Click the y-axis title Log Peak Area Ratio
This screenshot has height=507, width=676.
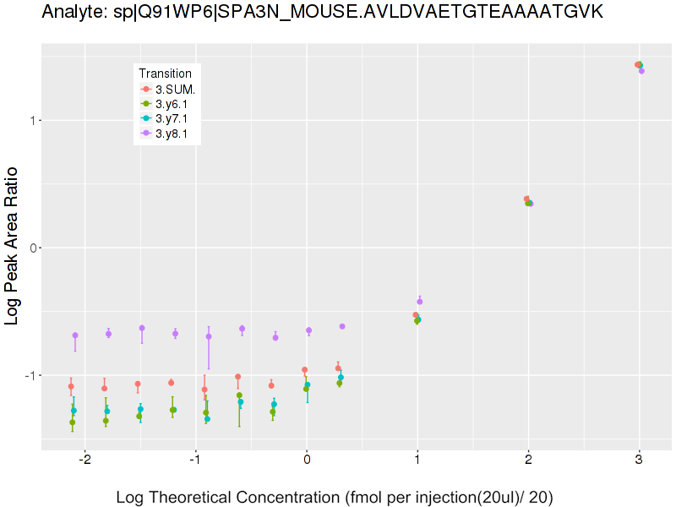[x=14, y=246]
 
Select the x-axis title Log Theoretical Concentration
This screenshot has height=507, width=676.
[x=334, y=497]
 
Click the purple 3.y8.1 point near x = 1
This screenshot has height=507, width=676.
[x=420, y=302]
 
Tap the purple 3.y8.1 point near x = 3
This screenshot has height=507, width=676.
[x=641, y=71]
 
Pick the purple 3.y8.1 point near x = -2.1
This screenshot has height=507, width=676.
[x=75, y=335]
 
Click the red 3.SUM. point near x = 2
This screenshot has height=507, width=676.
[x=526, y=199]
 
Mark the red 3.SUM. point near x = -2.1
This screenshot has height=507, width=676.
[x=71, y=386]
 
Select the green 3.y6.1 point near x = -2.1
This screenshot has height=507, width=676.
[x=72, y=422]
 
